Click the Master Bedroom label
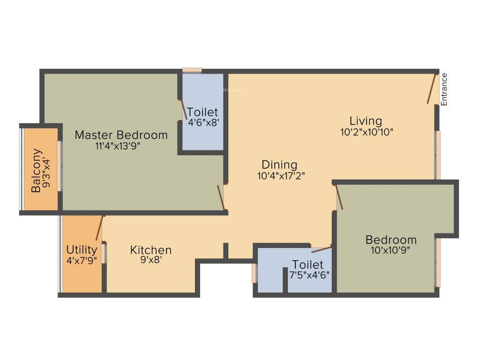(x=121, y=135)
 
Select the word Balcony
(x=37, y=171)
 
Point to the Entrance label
(x=444, y=89)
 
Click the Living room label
(x=366, y=121)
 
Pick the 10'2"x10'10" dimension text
(x=367, y=132)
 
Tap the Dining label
(x=279, y=165)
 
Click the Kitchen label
(x=151, y=250)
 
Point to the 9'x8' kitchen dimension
(x=150, y=261)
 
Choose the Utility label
(x=82, y=249)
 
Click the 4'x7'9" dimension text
(x=82, y=260)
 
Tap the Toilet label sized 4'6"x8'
(x=202, y=112)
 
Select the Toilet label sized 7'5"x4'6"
(x=307, y=264)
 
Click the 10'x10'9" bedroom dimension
(x=390, y=250)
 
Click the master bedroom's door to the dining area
(x=220, y=197)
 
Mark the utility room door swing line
(x=99, y=228)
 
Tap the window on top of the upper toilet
(x=192, y=70)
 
